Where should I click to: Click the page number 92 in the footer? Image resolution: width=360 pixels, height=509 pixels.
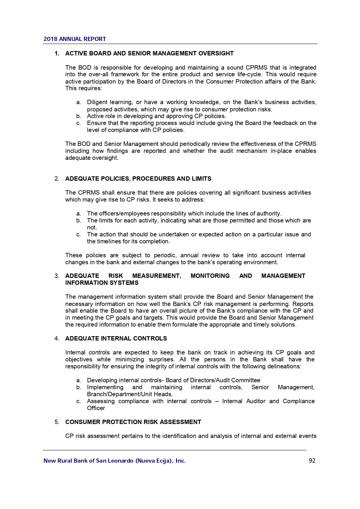(x=312, y=461)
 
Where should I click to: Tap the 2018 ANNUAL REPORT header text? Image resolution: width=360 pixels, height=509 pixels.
(x=75, y=39)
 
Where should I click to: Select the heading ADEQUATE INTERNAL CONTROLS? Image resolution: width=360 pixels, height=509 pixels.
(x=116, y=338)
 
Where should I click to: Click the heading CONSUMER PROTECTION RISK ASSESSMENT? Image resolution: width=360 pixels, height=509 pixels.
(x=133, y=422)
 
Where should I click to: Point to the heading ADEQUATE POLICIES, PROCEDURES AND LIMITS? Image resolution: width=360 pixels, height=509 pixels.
(x=138, y=179)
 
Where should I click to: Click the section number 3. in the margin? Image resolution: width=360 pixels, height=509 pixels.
(x=57, y=276)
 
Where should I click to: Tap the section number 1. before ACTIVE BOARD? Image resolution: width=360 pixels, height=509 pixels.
(x=57, y=53)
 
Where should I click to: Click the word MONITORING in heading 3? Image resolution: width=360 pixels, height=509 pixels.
(x=210, y=276)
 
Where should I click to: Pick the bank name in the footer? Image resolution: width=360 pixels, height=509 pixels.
(x=115, y=461)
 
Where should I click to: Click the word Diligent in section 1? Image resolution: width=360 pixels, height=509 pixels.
(x=97, y=102)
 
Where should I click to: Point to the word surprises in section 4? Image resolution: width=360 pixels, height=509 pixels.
(x=161, y=359)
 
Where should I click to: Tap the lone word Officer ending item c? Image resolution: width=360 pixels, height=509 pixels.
(x=96, y=408)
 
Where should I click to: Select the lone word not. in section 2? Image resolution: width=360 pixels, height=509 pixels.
(x=92, y=227)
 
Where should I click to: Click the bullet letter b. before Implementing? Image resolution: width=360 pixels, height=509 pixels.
(x=79, y=387)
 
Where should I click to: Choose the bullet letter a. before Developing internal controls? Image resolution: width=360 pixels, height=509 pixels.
(x=79, y=380)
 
